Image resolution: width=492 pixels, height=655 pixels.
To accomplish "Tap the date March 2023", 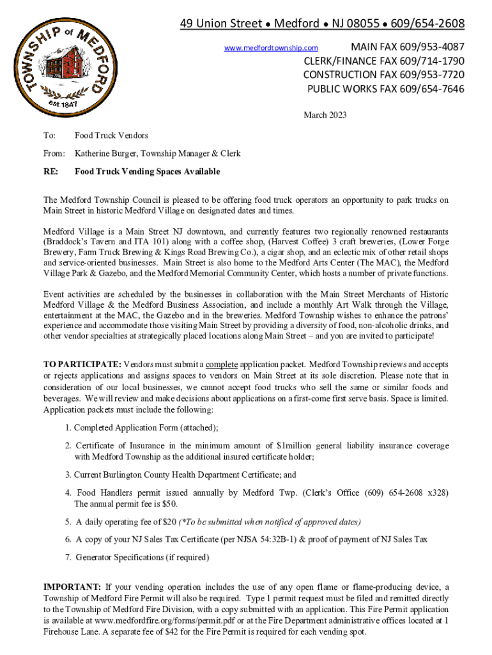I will pyautogui.click(x=325, y=115).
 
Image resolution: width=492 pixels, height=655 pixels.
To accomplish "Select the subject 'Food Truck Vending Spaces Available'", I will pyautogui.click(x=147, y=171).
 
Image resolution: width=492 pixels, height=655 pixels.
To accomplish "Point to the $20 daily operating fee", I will pyautogui.click(x=169, y=521).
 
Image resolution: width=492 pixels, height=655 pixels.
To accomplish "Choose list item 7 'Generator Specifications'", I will pyautogui.click(x=137, y=557).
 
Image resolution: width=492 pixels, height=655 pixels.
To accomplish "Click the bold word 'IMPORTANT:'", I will pyautogui.click(x=72, y=587).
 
